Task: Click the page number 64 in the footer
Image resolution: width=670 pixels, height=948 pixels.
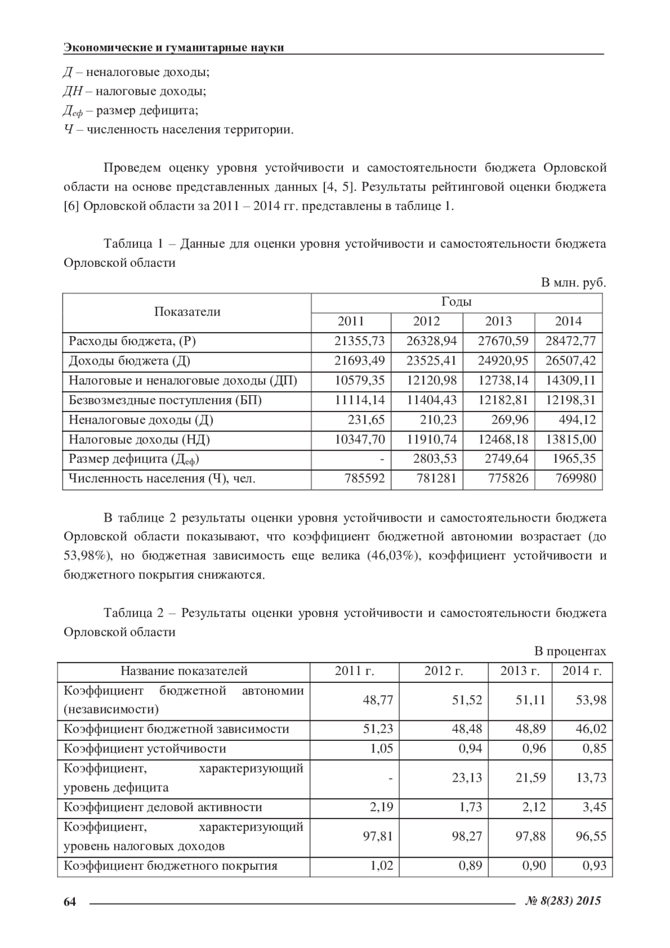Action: coord(69,902)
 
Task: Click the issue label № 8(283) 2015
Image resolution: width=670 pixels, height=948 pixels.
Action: coord(563,901)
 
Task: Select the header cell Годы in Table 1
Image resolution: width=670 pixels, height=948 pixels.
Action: coord(456,302)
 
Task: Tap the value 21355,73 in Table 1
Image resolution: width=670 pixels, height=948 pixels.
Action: coord(360,341)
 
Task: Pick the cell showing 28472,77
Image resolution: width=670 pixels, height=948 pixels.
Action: coord(570,341)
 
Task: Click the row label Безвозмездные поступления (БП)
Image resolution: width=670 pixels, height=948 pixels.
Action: coord(165,400)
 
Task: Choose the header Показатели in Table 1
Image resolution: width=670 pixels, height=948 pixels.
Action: coord(187,312)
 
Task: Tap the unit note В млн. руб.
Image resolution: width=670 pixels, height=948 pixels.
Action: coord(573,283)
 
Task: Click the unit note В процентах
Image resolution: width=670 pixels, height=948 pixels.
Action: coord(570,652)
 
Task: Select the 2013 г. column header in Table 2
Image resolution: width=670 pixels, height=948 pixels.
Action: coord(520,671)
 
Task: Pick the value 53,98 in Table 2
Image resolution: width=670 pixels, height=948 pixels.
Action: coord(591,700)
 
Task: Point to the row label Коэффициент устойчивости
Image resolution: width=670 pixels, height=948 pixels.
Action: coord(145,749)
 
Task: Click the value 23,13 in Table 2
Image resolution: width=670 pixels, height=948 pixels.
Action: coord(467,778)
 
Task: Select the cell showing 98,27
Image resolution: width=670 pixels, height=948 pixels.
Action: coord(467,836)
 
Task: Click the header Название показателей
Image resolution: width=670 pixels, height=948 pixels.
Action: coord(184,671)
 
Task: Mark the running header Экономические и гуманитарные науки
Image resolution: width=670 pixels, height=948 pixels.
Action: coord(174,47)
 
